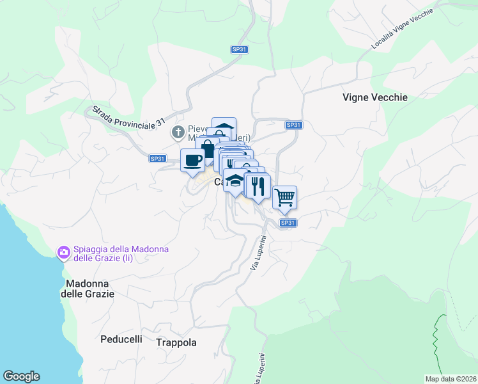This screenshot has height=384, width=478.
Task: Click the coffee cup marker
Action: click(192, 161)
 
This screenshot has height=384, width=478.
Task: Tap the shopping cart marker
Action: click(284, 196)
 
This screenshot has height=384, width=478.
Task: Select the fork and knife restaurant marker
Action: click(258, 186)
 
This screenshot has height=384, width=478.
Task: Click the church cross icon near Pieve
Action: click(177, 132)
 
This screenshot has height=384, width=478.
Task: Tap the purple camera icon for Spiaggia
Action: click(63, 252)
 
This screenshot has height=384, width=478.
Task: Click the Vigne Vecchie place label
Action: click(374, 98)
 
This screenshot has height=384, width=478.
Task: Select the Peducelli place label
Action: click(121, 339)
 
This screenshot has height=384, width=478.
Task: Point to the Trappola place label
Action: click(176, 342)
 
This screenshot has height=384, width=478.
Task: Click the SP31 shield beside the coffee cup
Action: click(157, 158)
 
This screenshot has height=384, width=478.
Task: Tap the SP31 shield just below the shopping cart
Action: click(288, 223)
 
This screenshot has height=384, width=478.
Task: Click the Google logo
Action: click(21, 376)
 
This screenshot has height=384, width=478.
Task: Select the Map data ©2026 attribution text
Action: click(451, 379)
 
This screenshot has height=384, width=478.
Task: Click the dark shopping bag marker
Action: click(207, 150)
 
